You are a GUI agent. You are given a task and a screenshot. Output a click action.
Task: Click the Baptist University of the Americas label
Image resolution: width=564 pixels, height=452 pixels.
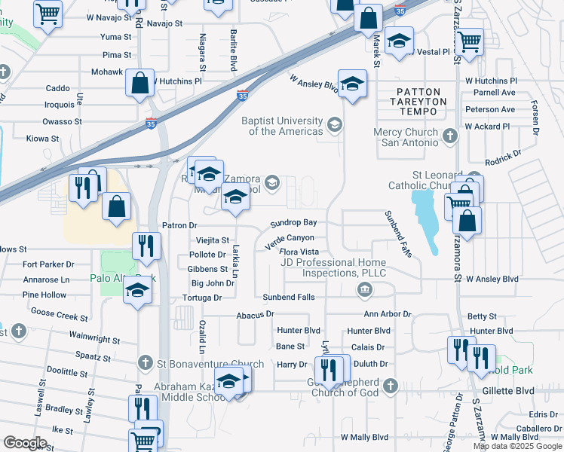click(x=282, y=126)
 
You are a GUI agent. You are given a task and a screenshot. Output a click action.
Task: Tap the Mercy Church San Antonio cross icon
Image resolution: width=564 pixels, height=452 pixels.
click(x=450, y=136)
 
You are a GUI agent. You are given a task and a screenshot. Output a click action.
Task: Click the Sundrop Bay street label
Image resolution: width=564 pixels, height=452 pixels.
click(x=293, y=223)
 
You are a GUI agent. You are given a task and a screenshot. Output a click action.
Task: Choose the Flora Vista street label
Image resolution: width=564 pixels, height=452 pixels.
click(x=299, y=252)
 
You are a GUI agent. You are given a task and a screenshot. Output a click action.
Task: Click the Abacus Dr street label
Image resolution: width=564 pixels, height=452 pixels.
click(x=255, y=313)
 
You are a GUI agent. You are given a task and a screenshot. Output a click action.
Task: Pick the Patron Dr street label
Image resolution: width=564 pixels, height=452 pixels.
click(x=179, y=225)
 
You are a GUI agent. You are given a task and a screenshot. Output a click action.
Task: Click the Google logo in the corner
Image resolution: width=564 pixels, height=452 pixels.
click(x=25, y=443)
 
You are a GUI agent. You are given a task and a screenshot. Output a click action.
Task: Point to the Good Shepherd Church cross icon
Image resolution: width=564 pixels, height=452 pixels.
click(x=390, y=386)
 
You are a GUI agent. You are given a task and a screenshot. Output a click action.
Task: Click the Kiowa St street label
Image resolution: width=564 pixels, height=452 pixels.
click(x=42, y=139)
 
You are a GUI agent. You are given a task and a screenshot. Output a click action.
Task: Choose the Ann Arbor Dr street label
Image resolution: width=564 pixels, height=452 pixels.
click(x=388, y=313)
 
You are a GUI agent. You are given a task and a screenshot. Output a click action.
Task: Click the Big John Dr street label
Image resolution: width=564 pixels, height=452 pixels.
click(x=213, y=283)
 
